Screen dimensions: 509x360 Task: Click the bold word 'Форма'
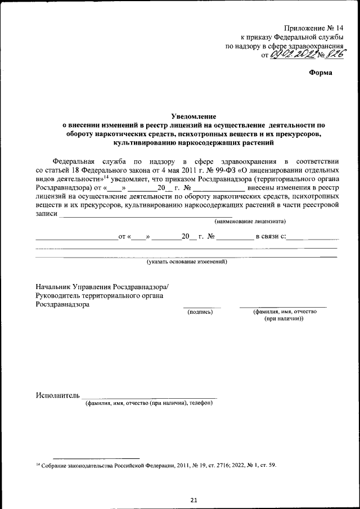point(321,73)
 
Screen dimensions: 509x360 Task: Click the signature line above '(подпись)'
point(202,307)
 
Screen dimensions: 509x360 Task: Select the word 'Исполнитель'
point(58,395)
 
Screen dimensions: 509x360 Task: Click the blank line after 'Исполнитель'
point(149,398)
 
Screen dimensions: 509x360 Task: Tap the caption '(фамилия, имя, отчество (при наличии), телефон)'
point(148,403)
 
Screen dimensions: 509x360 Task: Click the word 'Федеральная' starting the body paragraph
point(75,160)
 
